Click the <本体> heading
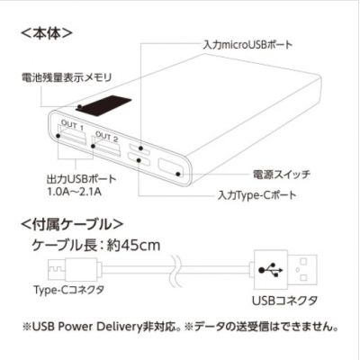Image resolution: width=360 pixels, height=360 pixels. pos(47,33)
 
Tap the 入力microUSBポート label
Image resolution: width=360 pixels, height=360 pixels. pos(247,45)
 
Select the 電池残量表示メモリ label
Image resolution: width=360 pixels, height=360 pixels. pos(67,77)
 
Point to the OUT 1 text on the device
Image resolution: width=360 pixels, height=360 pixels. pos(72,125)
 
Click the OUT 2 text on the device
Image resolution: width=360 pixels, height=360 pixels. pos(107,137)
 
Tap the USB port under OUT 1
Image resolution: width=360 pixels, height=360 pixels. pos(72,139)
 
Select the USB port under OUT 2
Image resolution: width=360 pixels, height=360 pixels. pos(107,148)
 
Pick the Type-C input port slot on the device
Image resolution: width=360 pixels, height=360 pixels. pos(139,159)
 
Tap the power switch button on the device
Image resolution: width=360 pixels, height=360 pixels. pos(170,168)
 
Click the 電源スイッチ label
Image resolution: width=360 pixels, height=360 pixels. pos(282,175)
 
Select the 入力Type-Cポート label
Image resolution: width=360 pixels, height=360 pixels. pos(256,195)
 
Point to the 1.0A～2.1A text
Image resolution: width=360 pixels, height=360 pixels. pos(75,192)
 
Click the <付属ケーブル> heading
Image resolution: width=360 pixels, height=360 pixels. pos(72,224)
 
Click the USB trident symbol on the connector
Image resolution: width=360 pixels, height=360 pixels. pos(270,269)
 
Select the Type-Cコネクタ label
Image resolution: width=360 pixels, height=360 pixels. pos(69,290)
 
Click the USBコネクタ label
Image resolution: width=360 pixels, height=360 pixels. pos(284,301)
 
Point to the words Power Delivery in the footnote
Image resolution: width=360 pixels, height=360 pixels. pos(98,327)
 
